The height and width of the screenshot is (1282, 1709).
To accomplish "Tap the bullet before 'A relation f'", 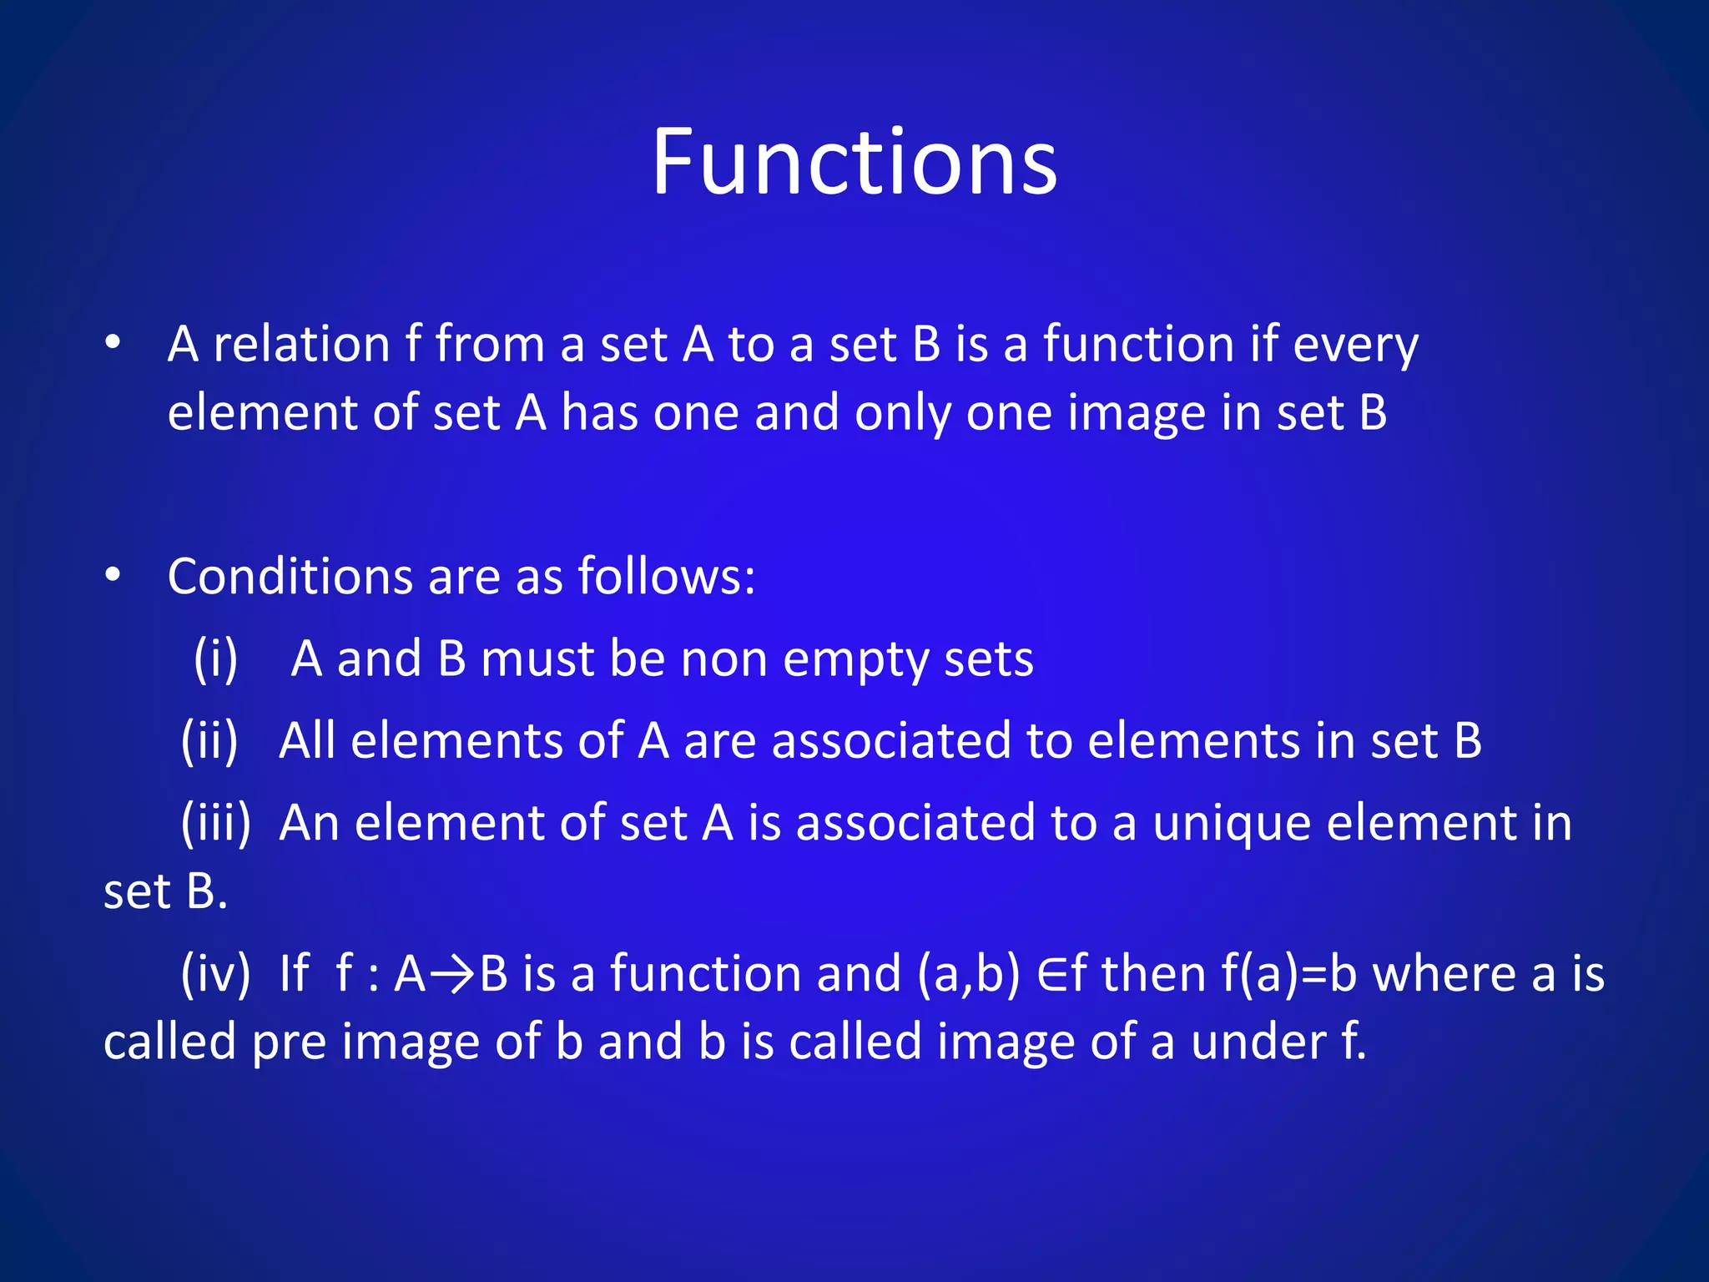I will (x=113, y=343).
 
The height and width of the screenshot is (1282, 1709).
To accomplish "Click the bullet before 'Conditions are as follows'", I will (x=113, y=575).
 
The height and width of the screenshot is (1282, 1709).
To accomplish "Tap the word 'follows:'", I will (x=666, y=576).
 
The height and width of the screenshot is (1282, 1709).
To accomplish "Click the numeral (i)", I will (x=215, y=659).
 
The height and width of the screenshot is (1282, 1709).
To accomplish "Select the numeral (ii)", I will (x=209, y=740).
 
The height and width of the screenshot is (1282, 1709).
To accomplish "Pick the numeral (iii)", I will (x=215, y=823).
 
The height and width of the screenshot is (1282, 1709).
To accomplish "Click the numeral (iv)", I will (x=215, y=973).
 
